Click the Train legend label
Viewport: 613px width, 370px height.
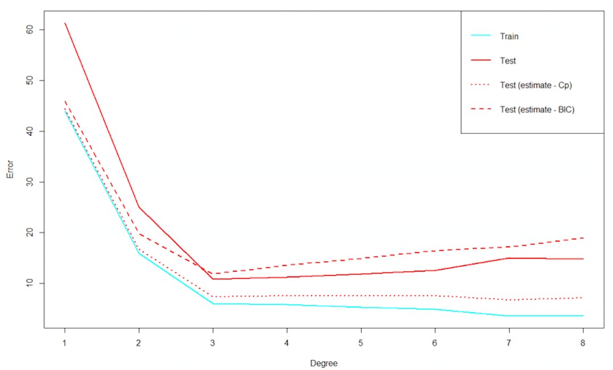[x=509, y=36]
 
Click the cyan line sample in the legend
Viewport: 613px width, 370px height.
[x=481, y=36]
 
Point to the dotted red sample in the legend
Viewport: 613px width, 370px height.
[x=481, y=85]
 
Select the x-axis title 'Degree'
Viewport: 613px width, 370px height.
[x=324, y=363]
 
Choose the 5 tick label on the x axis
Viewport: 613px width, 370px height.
[x=361, y=343]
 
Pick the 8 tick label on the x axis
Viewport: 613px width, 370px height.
[x=583, y=343]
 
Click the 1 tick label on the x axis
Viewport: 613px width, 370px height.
[x=65, y=343]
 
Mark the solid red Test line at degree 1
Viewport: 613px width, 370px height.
[x=65, y=24]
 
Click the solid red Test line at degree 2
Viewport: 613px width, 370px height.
[x=138, y=207]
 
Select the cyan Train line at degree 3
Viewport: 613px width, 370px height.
[x=213, y=304]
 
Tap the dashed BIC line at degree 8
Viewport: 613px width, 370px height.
[x=582, y=238]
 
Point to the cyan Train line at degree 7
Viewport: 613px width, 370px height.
[x=509, y=316]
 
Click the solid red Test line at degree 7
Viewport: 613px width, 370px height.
[x=509, y=258]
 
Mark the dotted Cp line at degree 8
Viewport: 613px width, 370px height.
[x=582, y=297]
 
